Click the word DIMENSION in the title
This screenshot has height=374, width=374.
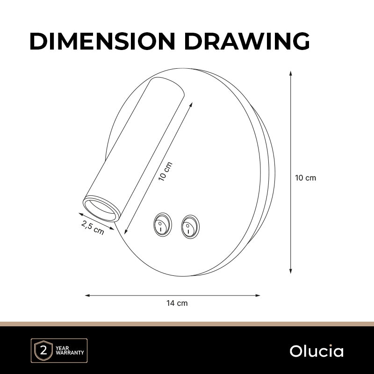coord(102,41)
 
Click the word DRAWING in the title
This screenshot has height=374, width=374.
coord(247,41)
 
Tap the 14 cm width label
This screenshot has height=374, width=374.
coord(177,303)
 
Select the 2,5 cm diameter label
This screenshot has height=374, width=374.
coord(93,228)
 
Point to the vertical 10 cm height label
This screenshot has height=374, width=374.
coord(306,178)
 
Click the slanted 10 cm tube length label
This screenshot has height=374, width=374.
coord(165,171)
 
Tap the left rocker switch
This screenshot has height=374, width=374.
coord(163,225)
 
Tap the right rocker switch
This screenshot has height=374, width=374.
coord(190,227)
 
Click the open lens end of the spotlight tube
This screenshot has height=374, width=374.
coord(101,209)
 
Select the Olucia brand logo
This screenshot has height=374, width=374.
coord(316,351)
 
